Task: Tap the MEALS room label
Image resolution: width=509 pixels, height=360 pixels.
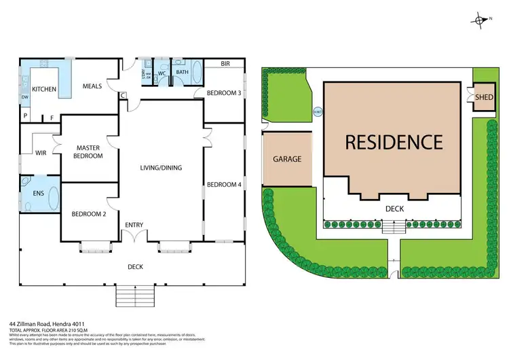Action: point(92,86)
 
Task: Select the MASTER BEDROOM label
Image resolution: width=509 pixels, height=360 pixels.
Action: point(89,151)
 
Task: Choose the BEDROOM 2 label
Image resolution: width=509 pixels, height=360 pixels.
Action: point(89,215)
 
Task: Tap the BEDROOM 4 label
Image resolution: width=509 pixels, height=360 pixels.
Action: point(224,185)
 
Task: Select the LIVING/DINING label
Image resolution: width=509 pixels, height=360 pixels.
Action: point(161,168)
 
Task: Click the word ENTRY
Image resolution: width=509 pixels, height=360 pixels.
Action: point(134,225)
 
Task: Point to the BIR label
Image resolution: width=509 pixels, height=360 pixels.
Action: point(224,65)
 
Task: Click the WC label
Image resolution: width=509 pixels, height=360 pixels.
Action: point(162,73)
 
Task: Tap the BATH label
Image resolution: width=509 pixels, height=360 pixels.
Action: point(182,71)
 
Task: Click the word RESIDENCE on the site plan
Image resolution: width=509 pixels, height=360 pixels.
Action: point(394,142)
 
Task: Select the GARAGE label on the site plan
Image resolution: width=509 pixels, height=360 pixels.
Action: point(287,159)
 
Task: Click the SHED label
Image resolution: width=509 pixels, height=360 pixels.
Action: point(484,97)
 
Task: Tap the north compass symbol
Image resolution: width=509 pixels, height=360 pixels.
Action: point(481,20)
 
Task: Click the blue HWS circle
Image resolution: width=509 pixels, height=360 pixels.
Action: point(318,112)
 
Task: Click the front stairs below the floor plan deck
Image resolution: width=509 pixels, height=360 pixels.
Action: point(135,295)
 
